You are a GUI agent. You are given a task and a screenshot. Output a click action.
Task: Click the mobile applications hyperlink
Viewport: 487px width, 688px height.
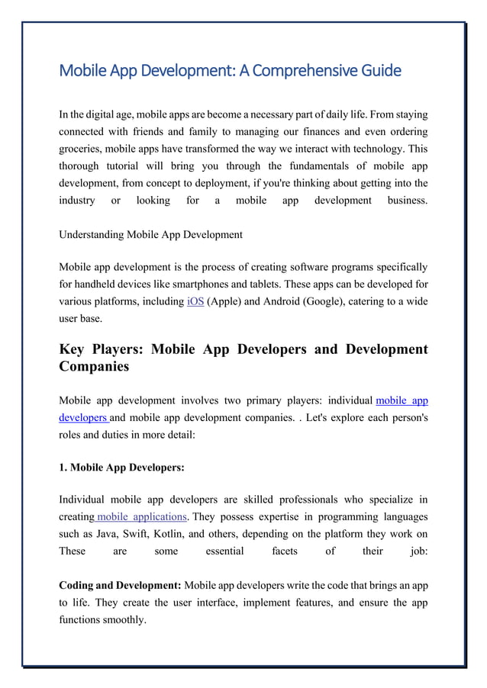[x=140, y=517]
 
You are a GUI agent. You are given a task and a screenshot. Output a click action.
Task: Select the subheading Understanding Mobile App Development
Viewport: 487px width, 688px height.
[x=150, y=234]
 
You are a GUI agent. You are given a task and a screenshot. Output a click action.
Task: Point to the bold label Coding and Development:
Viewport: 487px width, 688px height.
[x=120, y=585]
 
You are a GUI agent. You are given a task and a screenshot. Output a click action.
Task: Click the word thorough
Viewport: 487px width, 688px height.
[x=82, y=166]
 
